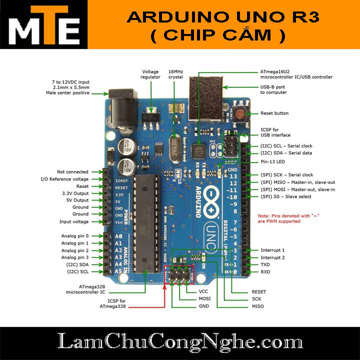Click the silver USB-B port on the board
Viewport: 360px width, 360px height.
(x=205, y=100)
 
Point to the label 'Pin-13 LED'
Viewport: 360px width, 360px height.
(x=274, y=162)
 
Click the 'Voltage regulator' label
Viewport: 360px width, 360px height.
(x=151, y=74)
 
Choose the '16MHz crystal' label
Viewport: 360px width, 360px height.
(x=175, y=74)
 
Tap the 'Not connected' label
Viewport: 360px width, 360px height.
(x=72, y=172)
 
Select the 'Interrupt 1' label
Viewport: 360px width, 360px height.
(x=272, y=250)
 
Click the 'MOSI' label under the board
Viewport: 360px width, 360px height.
(x=204, y=298)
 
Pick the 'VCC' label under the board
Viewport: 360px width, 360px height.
(x=203, y=291)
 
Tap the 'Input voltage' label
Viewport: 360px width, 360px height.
(x=73, y=221)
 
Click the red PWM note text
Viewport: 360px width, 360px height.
(x=288, y=218)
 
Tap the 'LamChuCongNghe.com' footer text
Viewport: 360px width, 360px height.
(x=179, y=342)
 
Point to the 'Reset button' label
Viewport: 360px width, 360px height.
(x=274, y=113)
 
